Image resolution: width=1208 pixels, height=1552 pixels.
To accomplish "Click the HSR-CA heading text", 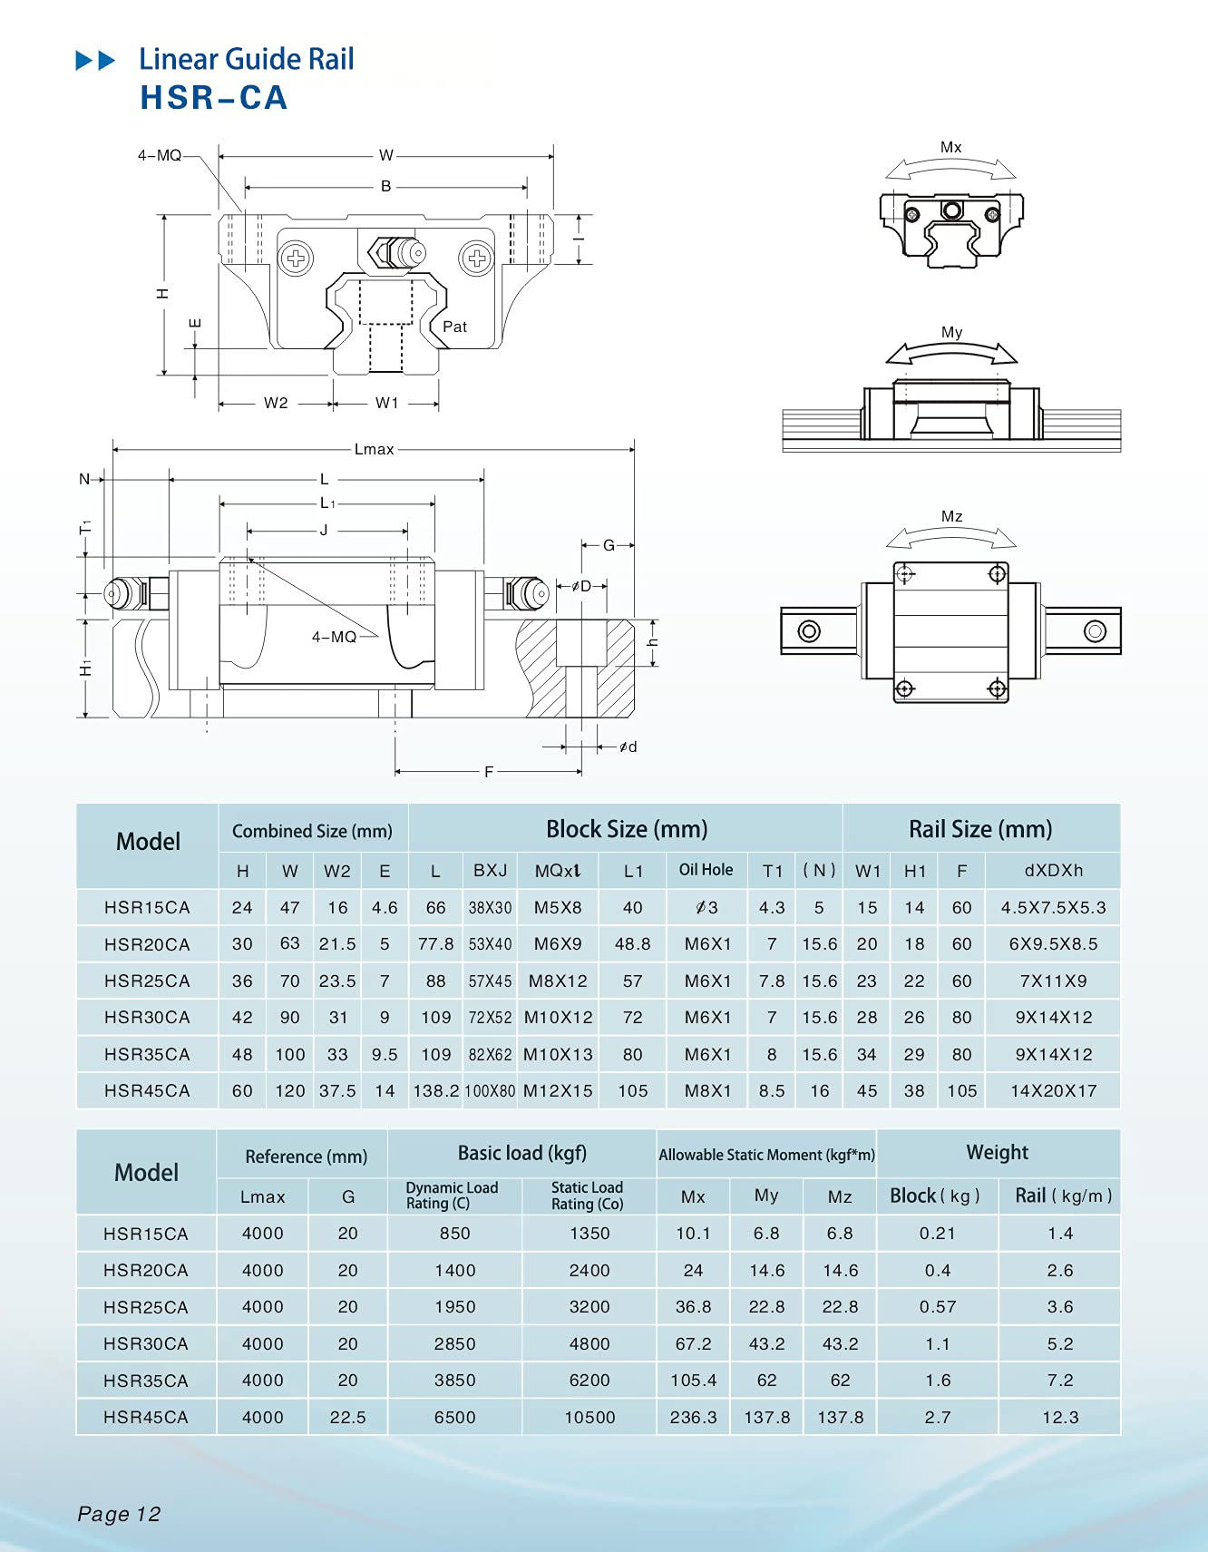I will (214, 98).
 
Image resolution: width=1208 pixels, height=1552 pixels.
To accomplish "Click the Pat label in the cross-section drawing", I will (454, 327).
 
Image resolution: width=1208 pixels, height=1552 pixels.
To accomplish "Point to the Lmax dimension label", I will (374, 449).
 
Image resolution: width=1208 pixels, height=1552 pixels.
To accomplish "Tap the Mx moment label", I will (950, 147).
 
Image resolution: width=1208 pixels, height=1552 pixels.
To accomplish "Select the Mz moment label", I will (951, 516).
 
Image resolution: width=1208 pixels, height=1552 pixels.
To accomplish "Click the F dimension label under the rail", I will (489, 772).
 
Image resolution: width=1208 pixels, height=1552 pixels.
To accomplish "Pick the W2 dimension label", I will (276, 403).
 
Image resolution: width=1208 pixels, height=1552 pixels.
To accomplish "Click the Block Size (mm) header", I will (627, 829).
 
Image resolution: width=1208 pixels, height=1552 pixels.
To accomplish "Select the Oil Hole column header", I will (706, 869).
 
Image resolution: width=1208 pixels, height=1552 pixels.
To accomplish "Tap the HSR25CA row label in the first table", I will (147, 981).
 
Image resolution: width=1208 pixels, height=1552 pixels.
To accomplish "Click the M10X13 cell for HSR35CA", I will (558, 1054).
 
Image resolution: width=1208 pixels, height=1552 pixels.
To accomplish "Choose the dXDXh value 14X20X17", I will (1053, 1091).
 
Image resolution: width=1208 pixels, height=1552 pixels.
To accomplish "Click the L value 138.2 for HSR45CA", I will (435, 1091).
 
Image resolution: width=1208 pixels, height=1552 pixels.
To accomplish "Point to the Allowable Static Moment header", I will (766, 1155).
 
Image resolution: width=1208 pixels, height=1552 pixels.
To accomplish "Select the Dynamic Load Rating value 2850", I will (454, 1343).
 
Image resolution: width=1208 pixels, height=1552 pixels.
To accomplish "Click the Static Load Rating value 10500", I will (589, 1417).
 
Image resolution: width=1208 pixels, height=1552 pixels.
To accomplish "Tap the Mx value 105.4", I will (693, 1380).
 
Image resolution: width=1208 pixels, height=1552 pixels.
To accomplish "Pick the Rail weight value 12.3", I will (1059, 1417).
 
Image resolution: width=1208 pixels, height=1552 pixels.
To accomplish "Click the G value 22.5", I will (347, 1417).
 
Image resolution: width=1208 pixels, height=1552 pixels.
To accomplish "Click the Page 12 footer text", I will (119, 1514).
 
